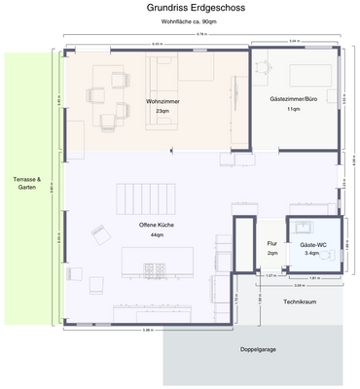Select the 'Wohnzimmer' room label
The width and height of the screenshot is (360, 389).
tap(162, 101)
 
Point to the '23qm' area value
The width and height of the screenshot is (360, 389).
tap(162, 111)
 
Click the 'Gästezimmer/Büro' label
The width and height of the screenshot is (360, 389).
tap(293, 99)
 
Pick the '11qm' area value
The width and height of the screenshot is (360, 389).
tap(293, 110)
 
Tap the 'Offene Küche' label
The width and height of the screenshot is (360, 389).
tap(157, 225)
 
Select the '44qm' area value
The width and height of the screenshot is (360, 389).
tap(157, 235)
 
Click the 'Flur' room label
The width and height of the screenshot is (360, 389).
tap(272, 243)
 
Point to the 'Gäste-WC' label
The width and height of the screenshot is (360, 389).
tap(312, 243)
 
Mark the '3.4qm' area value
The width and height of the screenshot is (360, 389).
tap(312, 253)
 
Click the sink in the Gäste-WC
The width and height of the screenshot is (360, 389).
tap(305, 230)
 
